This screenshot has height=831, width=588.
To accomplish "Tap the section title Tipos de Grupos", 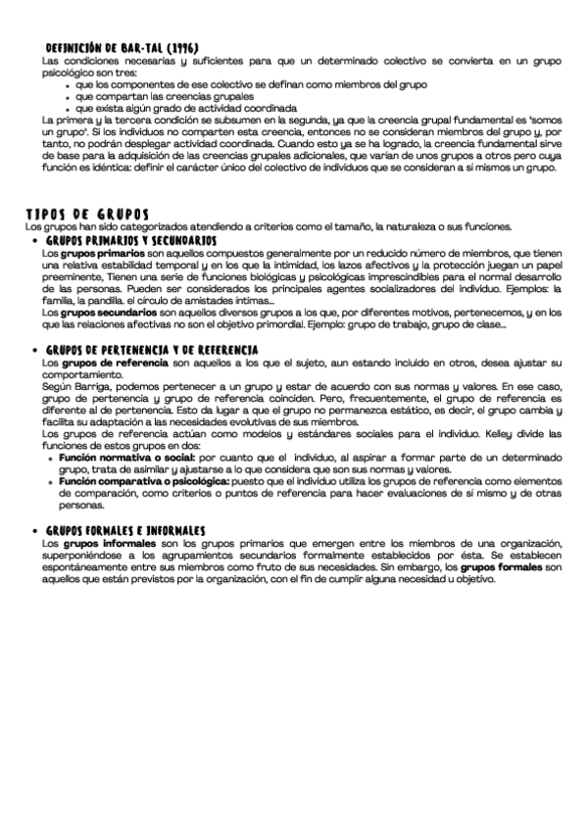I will coord(88,216).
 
